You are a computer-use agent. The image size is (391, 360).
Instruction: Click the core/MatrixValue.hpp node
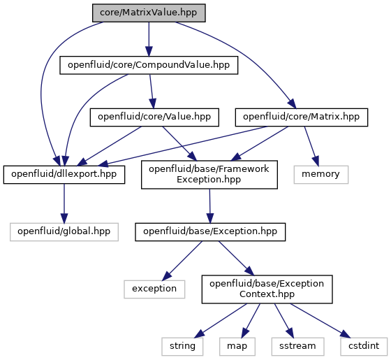coord(149,13)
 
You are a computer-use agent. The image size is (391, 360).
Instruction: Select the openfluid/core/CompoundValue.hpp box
coord(149,65)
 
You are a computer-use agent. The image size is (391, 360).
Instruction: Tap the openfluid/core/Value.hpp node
coord(154,117)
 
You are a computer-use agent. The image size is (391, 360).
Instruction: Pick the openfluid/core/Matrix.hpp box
coord(302,117)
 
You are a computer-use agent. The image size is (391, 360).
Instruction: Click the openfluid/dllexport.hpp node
coord(64,175)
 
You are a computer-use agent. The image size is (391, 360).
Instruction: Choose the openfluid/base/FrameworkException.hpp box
coord(209,175)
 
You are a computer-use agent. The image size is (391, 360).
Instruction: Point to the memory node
coord(321,175)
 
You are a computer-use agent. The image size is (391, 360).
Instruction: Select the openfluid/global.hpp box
coord(64,232)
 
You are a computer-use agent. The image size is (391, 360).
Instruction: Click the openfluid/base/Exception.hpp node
coord(210,232)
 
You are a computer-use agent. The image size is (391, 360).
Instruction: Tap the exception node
coord(154,289)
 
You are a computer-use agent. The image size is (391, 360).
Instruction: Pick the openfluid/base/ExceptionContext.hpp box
coord(267,289)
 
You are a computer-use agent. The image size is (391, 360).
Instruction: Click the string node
coord(182,347)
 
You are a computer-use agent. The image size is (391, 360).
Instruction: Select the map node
coord(237,347)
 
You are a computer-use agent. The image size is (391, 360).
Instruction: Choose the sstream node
coord(297,347)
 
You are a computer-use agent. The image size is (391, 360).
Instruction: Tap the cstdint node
coord(364,347)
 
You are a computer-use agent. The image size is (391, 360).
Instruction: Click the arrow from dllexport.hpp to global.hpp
coord(64,203)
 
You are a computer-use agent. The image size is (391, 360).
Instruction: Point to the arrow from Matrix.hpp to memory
coord(311,146)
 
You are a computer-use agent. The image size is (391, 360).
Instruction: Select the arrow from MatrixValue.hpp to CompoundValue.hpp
coord(149,39)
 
